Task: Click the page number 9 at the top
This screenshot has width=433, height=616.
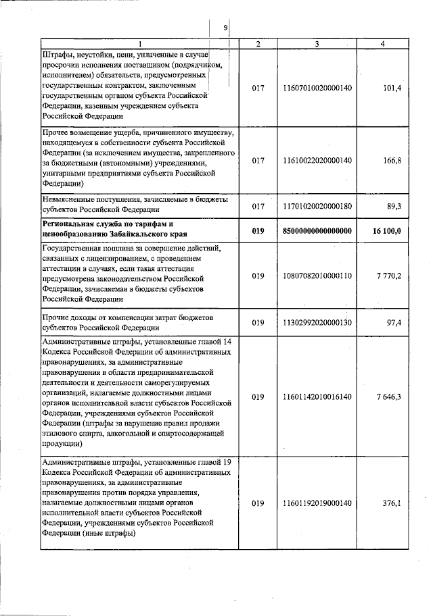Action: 225,28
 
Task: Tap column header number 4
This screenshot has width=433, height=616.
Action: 383,44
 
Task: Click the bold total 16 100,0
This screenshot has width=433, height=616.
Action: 387,230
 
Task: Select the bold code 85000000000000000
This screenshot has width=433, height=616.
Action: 317,230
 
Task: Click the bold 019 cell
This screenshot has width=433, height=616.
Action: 258,230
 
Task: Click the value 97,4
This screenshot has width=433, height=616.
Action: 393,322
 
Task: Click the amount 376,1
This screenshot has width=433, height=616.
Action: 392,503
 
